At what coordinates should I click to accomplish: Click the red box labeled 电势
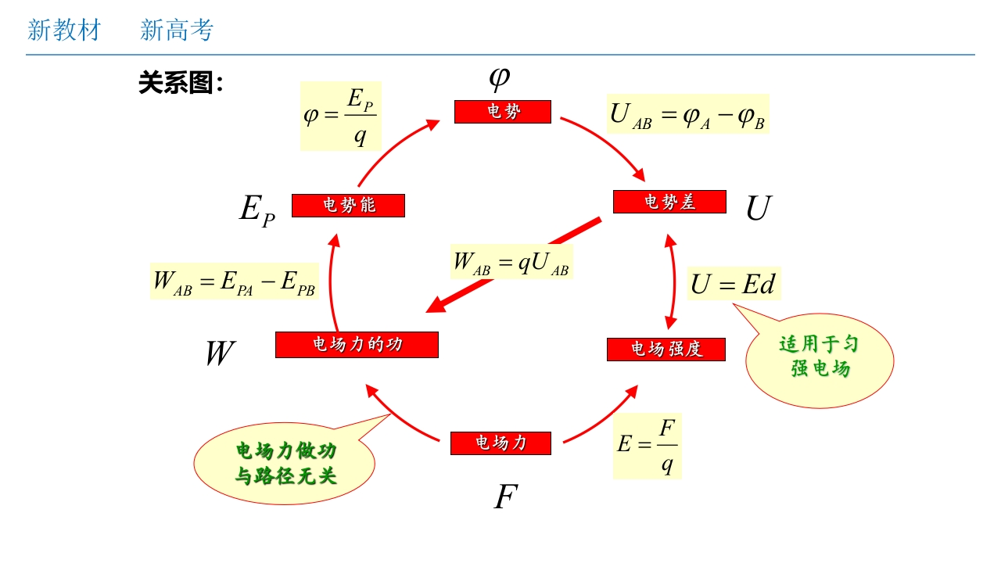coord(503,112)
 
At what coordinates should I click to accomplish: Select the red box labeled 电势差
coord(669,202)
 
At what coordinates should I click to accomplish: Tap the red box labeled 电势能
coord(348,206)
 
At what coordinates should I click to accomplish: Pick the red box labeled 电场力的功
coord(357,345)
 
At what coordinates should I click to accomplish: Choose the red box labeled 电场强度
coord(666,349)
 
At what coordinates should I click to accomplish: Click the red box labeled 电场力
coord(500,443)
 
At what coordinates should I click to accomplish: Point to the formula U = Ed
coord(734,284)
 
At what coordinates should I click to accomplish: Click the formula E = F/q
coord(647,446)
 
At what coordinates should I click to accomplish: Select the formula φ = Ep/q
coord(341,116)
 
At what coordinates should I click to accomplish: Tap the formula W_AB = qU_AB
coord(511,262)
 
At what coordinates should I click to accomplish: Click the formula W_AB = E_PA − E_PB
coord(235,281)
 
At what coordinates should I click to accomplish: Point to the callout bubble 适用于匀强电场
coord(820,357)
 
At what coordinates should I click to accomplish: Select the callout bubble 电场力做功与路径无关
coord(285,463)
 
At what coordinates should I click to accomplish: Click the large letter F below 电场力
coord(506,497)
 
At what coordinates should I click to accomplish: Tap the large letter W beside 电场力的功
coord(219,353)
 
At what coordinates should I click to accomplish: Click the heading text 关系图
coord(181,83)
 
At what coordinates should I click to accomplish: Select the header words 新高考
coord(177,30)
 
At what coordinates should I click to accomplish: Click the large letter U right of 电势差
coord(758,209)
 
